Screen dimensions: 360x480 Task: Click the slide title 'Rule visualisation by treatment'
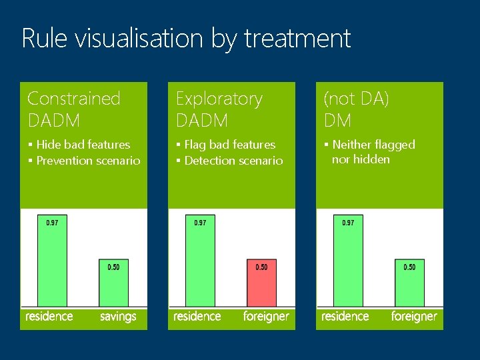coord(186,39)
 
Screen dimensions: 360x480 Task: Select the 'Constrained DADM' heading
coord(73,109)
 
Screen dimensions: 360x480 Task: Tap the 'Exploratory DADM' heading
coord(219,109)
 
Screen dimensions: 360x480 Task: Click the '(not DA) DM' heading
coord(356,109)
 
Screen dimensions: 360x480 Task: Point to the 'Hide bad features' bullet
coord(83,144)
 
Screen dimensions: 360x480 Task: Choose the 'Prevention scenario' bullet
coord(88,160)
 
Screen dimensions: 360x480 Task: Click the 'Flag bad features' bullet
coord(229,144)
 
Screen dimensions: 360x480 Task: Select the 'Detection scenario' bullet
coord(233,160)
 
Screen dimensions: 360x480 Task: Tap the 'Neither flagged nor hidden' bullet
coord(373,152)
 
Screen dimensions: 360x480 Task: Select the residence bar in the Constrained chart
coord(52,263)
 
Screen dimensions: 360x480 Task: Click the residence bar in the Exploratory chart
coord(200,263)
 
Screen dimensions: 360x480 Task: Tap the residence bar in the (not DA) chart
coord(348,263)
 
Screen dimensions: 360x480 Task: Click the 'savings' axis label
coord(118,316)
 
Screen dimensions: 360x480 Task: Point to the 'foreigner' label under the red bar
coord(266,316)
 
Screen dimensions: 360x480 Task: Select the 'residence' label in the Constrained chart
coord(49,316)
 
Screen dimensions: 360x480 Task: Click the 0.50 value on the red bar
coord(261,267)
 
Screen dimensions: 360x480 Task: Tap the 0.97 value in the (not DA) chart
coord(348,223)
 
